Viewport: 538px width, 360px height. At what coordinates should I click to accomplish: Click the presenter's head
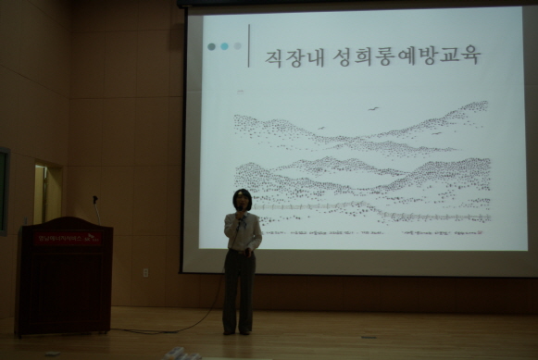tap(242, 200)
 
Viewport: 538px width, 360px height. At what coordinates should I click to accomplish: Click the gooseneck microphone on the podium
tap(95, 206)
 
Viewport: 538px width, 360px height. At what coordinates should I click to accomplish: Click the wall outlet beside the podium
tap(145, 273)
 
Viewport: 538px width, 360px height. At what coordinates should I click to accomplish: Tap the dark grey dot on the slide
tap(212, 45)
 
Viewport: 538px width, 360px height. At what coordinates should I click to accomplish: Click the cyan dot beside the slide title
tap(224, 45)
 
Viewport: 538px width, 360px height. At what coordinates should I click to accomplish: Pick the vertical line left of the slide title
tap(249, 45)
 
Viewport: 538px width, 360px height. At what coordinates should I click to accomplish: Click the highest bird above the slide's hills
tap(374, 108)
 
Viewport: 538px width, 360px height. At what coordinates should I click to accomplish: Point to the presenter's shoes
tap(236, 330)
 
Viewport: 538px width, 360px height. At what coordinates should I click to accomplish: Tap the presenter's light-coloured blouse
tap(244, 234)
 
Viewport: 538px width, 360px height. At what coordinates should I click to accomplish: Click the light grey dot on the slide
tap(237, 45)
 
